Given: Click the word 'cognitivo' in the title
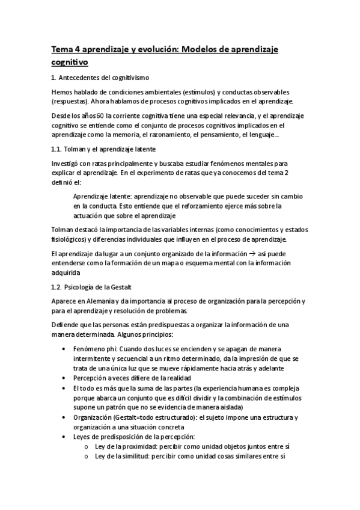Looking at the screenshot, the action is coord(70,61).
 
